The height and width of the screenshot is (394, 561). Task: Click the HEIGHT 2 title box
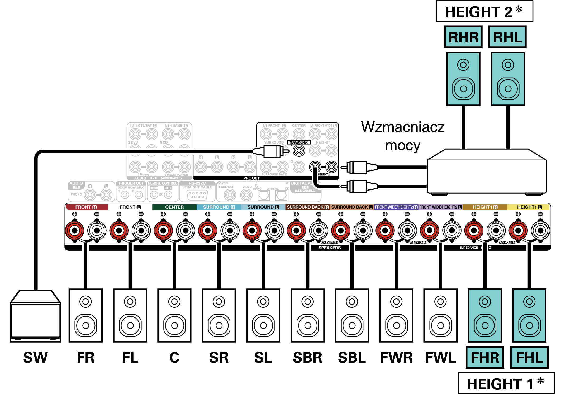click(484, 12)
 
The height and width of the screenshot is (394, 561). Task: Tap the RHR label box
click(463, 37)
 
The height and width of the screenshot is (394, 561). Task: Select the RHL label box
click(507, 37)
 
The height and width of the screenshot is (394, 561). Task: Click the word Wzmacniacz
click(403, 127)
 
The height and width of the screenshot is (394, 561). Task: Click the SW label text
click(35, 358)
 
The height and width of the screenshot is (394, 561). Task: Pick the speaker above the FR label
click(85, 315)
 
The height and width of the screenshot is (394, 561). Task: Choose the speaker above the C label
click(174, 315)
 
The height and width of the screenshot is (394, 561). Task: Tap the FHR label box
click(485, 358)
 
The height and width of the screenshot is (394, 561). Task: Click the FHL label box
click(529, 358)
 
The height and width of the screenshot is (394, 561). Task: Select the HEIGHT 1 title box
click(506, 383)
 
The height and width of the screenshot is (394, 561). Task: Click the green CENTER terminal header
click(174, 207)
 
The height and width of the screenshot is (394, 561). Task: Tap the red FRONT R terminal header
click(87, 207)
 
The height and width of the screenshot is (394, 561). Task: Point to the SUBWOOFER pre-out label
click(299, 142)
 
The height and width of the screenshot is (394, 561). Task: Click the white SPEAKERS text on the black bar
click(329, 248)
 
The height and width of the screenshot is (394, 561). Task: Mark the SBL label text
click(352, 358)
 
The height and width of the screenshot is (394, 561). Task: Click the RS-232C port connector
click(197, 195)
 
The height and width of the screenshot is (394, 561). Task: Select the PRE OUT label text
click(251, 178)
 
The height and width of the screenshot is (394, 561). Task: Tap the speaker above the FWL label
click(440, 315)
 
